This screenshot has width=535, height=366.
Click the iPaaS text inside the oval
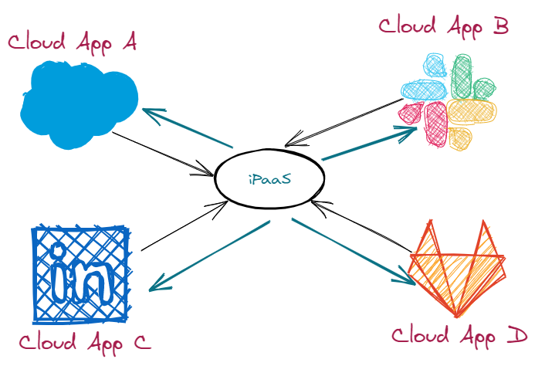[270, 179]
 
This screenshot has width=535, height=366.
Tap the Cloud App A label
[73, 42]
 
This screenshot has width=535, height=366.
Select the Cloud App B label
[444, 26]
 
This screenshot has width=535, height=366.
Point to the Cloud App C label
[85, 342]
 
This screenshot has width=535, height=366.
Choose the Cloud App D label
[459, 336]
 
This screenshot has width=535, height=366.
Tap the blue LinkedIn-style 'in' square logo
[81, 274]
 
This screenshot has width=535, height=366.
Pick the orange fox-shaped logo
[457, 269]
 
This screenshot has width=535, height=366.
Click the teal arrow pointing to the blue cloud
[188, 128]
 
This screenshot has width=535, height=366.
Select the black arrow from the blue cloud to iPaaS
[163, 154]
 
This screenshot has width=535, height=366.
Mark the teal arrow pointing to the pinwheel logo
[369, 144]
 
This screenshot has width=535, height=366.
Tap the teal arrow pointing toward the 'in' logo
[209, 256]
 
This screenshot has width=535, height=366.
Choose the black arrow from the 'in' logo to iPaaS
[185, 225]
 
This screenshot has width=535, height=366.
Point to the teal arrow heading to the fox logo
[354, 251]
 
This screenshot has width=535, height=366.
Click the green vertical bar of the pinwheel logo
[462, 76]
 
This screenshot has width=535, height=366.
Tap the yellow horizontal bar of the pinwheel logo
[471, 112]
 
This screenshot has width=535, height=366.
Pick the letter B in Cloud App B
[500, 25]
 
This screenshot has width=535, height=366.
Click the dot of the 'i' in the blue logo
[57, 251]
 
